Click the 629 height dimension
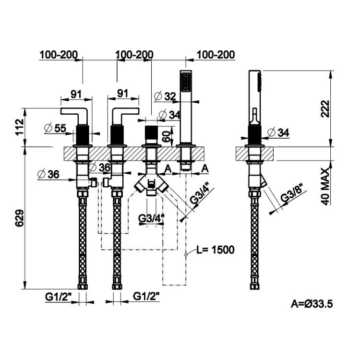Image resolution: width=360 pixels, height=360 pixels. (x=20, y=218)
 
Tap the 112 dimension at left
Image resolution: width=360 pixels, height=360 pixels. (x=20, y=127)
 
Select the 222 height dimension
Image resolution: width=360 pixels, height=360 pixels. (x=325, y=108)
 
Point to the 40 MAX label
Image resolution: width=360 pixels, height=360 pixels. (x=325, y=186)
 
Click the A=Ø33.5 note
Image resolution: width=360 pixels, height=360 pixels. (x=312, y=304)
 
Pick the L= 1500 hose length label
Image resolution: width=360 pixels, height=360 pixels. (x=216, y=250)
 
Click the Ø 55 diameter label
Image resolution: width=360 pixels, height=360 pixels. (x=55, y=128)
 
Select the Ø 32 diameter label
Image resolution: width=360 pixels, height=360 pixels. (x=165, y=96)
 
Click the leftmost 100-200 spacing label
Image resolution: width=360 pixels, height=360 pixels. (x=59, y=55)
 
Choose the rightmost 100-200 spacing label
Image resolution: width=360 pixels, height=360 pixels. (x=216, y=55)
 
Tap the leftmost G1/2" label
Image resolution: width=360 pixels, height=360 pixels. (x=58, y=297)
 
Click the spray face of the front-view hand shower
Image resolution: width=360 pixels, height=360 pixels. (x=186, y=82)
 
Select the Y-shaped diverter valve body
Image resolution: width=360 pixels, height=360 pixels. (x=152, y=183)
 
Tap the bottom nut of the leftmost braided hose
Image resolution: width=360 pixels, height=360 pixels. (x=83, y=287)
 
